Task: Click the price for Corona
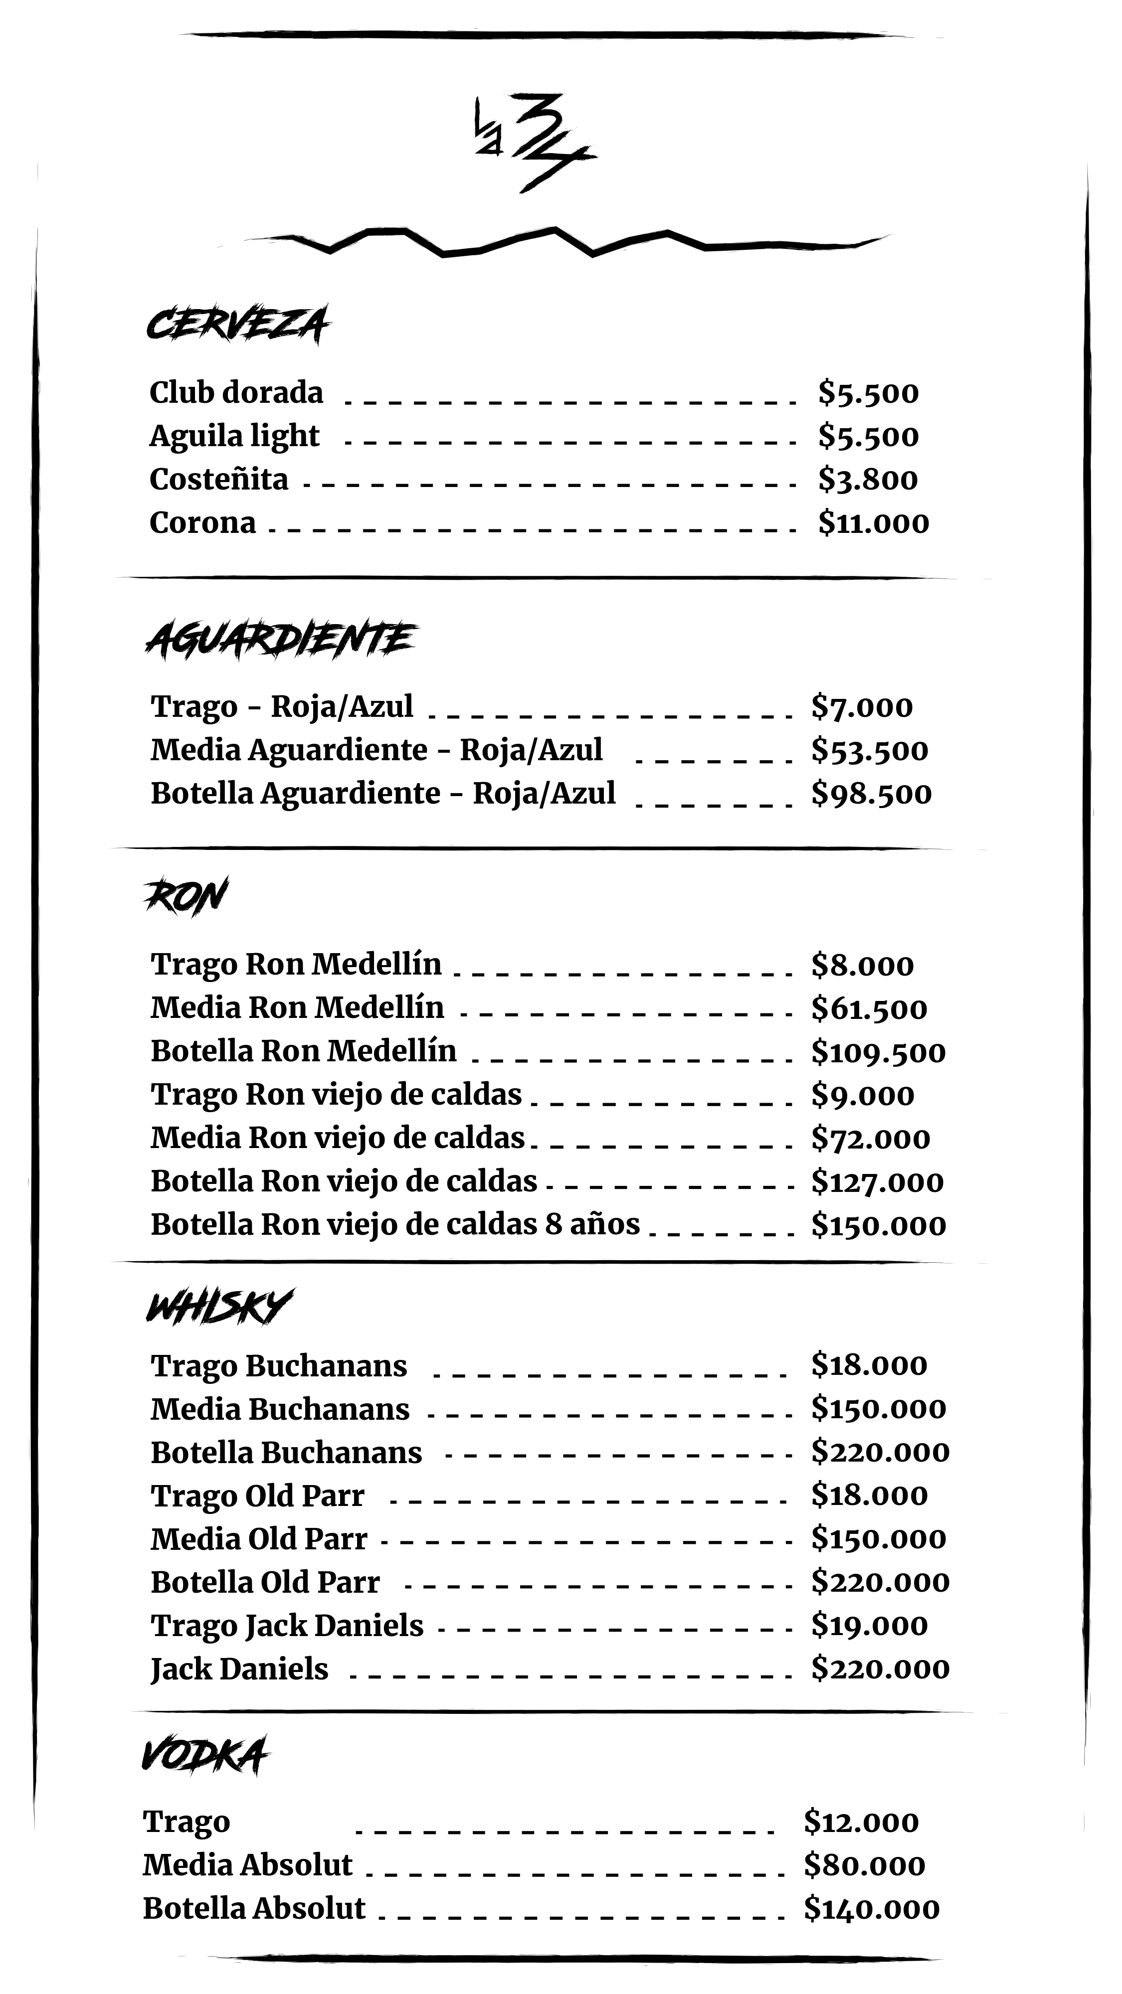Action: (x=873, y=523)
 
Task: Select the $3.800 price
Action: (x=867, y=480)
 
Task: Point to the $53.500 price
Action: (x=869, y=750)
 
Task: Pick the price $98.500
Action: (x=870, y=794)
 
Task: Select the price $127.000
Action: (x=877, y=1182)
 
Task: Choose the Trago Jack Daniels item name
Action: (x=287, y=1626)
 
